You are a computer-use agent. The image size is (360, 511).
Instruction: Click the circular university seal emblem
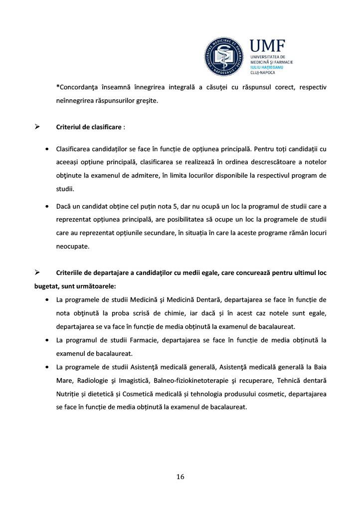(225, 57)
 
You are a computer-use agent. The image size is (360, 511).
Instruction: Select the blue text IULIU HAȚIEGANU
(268, 67)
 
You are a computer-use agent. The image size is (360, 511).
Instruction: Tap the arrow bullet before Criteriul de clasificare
(37, 127)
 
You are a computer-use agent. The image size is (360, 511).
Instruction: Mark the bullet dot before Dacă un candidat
(47, 206)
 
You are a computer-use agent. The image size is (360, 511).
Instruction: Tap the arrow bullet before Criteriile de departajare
(37, 272)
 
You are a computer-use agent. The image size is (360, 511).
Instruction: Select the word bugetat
(46, 286)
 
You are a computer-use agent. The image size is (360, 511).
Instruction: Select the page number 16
(180, 477)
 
